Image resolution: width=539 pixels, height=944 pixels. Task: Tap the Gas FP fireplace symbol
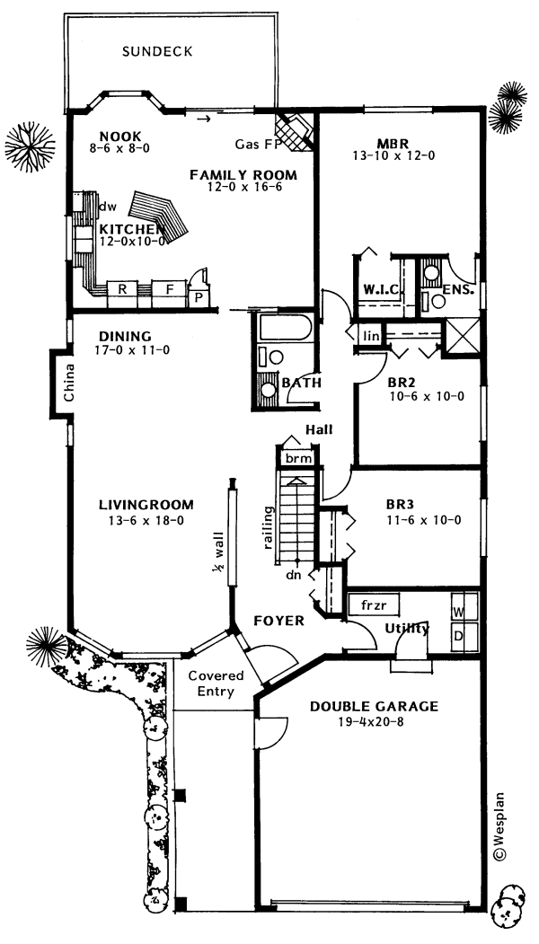point(295,128)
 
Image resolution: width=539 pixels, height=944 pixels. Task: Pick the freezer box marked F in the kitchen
point(167,289)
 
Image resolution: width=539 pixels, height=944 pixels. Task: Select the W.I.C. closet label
point(381,288)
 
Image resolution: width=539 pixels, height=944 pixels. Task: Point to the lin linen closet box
point(370,336)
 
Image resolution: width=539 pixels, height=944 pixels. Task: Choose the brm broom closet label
point(297,458)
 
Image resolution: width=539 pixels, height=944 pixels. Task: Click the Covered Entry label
point(211,684)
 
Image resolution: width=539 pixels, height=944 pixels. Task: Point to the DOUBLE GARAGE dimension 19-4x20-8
point(374,721)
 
